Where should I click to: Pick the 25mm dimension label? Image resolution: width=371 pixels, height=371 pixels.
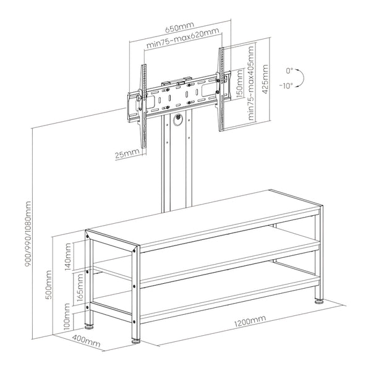(127, 153)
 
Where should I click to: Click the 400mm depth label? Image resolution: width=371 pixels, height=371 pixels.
(86, 339)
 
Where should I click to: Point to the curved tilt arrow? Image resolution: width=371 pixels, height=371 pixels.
(299, 78)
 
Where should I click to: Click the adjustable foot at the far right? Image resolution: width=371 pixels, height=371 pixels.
(319, 301)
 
